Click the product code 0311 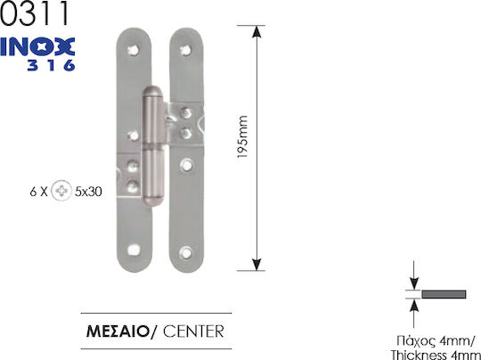35,13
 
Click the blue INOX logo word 37,47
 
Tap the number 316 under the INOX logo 52,65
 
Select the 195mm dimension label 242,137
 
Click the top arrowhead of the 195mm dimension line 257,32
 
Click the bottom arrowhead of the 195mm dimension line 257,265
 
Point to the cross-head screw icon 61,191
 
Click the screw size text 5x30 88,192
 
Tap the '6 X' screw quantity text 38,192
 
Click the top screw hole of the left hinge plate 134,50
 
